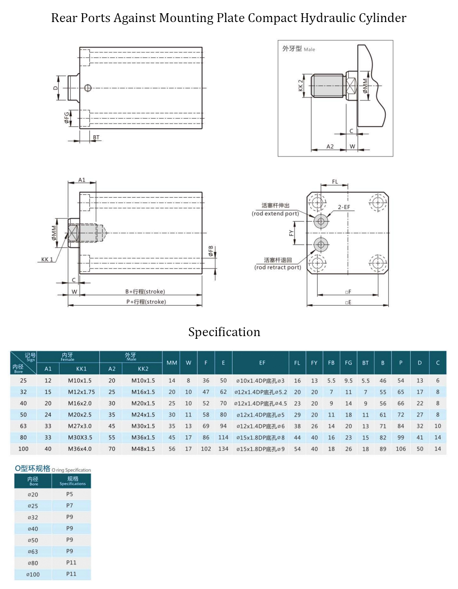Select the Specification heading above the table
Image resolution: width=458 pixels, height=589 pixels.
[224, 332]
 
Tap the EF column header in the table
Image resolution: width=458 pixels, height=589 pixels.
[262, 363]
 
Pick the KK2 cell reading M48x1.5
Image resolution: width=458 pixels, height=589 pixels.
[143, 449]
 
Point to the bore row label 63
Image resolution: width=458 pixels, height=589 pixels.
[23, 426]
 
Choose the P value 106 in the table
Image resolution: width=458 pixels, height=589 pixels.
[401, 449]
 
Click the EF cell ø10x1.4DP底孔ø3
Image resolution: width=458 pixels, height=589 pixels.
[261, 381]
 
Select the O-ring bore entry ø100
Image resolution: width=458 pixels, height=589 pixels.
[33, 574]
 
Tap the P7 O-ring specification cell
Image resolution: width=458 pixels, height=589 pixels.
[70, 506]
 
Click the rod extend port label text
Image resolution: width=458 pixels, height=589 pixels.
[276, 214]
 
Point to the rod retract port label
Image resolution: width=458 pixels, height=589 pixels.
[278, 267]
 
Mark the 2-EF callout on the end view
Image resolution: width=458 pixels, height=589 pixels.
[344, 207]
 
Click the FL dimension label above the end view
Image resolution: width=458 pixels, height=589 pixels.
[335, 182]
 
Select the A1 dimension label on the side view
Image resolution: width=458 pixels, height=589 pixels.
[82, 180]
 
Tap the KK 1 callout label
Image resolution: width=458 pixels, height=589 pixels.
[47, 259]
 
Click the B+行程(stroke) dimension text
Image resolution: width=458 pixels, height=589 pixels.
[145, 292]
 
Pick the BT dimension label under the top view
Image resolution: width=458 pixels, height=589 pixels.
[96, 137]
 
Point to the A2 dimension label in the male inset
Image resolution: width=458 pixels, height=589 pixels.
[330, 146]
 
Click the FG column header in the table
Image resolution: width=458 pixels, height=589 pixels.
[348, 363]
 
